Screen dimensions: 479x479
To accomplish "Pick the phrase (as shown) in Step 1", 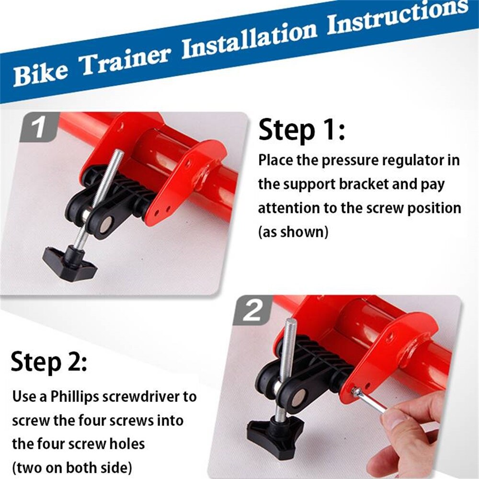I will (x=294, y=232).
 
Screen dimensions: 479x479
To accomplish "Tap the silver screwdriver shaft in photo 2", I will (x=371, y=401).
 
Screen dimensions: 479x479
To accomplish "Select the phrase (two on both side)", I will (x=72, y=467).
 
